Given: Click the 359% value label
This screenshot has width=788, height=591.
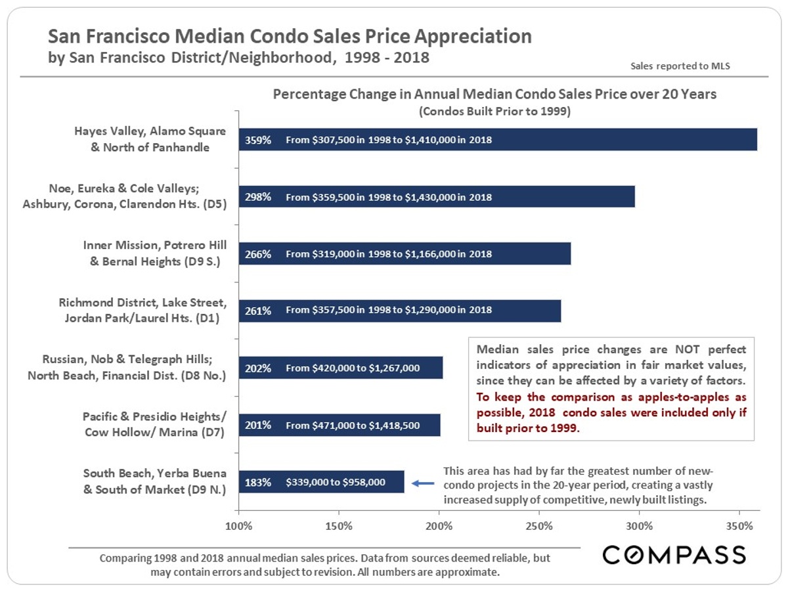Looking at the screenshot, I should pyautogui.click(x=257, y=140).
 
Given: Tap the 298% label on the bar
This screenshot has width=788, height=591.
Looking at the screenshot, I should pyautogui.click(x=257, y=197).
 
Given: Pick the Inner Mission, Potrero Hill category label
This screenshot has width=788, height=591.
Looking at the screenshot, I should pyautogui.click(x=154, y=253).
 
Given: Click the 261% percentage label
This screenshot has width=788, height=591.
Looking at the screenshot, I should pyautogui.click(x=257, y=311).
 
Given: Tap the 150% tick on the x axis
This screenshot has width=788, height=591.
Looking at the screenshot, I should pyautogui.click(x=339, y=526).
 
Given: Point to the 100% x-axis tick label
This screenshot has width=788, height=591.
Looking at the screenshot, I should pyautogui.click(x=239, y=526).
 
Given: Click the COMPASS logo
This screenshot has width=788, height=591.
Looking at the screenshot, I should pyautogui.click(x=674, y=555).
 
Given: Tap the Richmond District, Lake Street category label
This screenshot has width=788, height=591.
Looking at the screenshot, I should pyautogui.click(x=142, y=311).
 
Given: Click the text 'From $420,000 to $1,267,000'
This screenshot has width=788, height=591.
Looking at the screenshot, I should pyautogui.click(x=352, y=368).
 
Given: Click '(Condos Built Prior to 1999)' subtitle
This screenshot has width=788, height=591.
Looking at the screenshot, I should pyautogui.click(x=494, y=111).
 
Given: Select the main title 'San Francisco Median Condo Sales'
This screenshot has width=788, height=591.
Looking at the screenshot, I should pyautogui.click(x=289, y=35).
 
